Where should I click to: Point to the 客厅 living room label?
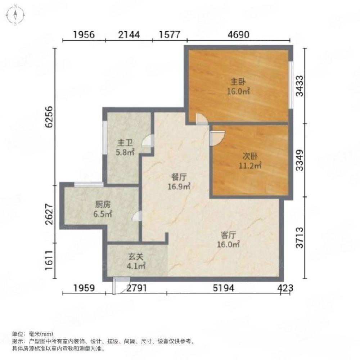(x=229, y=235)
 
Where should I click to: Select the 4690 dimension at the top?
(x=239, y=35)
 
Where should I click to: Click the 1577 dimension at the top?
(x=169, y=35)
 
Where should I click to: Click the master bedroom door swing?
(x=202, y=119)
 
